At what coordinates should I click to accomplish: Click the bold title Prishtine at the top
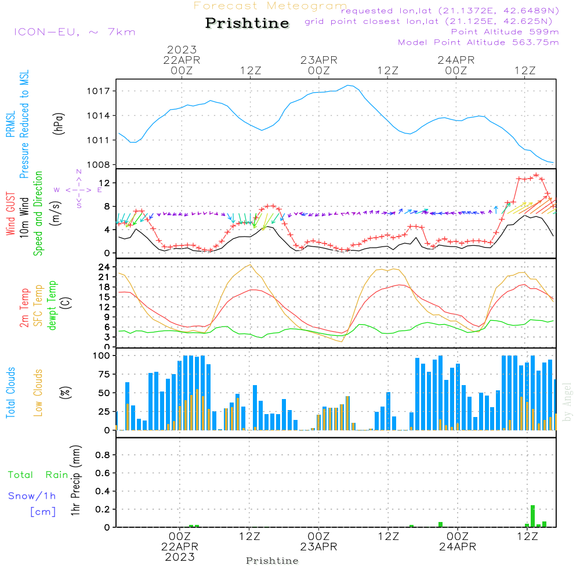(x=247, y=23)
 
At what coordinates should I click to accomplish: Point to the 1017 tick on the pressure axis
(x=99, y=91)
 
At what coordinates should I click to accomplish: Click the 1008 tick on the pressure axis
(x=99, y=165)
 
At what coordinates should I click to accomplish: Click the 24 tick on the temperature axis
(x=104, y=267)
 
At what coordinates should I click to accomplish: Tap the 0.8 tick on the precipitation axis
(x=103, y=455)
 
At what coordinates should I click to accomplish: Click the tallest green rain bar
(x=532, y=516)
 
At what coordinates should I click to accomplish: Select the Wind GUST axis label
(x=10, y=213)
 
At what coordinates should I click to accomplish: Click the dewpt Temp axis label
(x=52, y=305)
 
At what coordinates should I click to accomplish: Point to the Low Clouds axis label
(x=38, y=393)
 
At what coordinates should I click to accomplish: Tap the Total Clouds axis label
(x=10, y=393)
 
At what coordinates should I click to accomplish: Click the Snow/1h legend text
(x=32, y=496)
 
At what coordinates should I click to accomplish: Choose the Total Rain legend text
(x=38, y=475)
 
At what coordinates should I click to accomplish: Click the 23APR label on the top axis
(x=319, y=60)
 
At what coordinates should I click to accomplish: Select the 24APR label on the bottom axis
(x=458, y=547)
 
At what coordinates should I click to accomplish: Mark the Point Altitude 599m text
(x=505, y=32)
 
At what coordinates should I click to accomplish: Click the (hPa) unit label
(x=59, y=124)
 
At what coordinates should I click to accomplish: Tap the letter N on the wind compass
(x=79, y=172)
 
